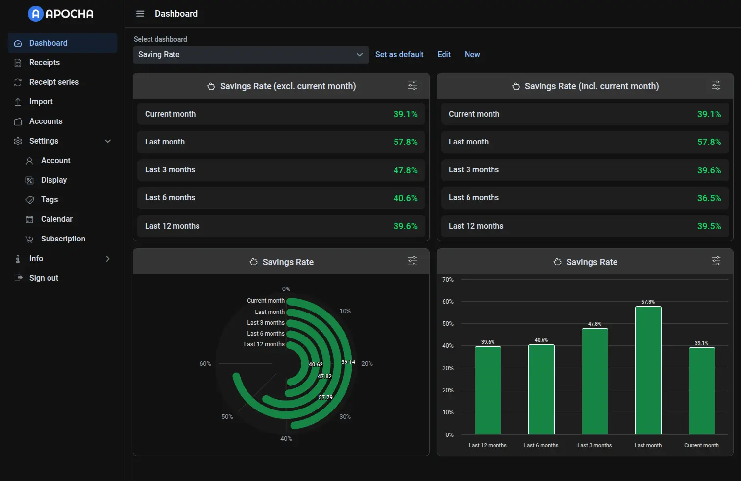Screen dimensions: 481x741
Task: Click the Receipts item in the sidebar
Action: pos(44,63)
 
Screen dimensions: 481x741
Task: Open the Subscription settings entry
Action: pos(63,239)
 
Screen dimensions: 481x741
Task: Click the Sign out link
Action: pos(44,278)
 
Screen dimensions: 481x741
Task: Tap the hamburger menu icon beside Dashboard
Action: pos(140,14)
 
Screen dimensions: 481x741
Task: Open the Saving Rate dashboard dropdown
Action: pos(250,55)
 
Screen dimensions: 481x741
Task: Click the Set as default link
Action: pos(399,55)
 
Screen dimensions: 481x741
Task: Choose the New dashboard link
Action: pos(472,55)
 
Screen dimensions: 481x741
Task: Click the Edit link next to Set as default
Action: pos(444,55)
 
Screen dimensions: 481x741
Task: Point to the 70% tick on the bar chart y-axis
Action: pos(448,280)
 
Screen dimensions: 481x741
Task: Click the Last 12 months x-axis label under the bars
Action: pos(488,445)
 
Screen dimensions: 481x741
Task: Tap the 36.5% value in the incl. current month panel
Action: pos(709,198)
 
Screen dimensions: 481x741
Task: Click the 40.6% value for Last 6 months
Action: pos(405,198)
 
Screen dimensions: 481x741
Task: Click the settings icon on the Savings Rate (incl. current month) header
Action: pos(716,86)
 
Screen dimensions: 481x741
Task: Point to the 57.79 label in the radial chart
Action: pos(325,397)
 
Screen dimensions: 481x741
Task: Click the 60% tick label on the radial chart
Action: pos(205,364)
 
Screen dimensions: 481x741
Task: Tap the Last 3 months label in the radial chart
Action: pos(266,323)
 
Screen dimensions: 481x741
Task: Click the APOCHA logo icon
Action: pos(36,14)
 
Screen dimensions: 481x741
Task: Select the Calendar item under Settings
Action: pos(56,219)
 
